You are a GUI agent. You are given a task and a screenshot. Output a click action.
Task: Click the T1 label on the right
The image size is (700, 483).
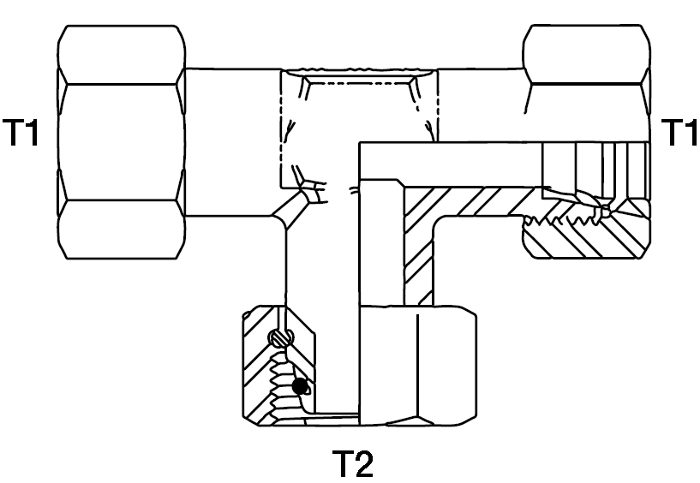(679, 132)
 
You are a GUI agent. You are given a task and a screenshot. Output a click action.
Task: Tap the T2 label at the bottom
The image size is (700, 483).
(352, 464)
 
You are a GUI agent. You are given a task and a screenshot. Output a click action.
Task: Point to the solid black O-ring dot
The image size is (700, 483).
(300, 386)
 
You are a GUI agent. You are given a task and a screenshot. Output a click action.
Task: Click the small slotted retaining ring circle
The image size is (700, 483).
(281, 338)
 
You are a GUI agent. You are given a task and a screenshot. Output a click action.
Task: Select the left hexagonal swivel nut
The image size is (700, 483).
(122, 142)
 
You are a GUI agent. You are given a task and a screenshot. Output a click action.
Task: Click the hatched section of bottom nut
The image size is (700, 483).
(263, 366)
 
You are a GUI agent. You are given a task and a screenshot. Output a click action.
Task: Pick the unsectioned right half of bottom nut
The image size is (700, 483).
(418, 365)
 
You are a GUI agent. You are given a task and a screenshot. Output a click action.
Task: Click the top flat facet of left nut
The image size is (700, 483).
(122, 55)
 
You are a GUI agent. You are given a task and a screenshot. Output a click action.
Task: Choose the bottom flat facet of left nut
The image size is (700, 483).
(122, 230)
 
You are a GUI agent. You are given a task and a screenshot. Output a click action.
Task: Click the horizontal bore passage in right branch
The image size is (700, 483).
(451, 164)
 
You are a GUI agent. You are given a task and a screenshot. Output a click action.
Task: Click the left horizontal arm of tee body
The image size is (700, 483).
(232, 142)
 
